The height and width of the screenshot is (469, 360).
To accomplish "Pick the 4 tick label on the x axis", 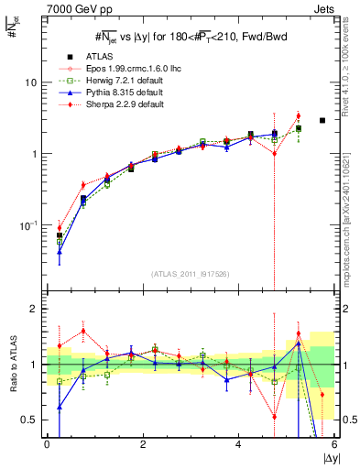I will click(238, 444).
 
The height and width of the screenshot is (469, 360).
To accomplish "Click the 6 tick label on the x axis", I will click(333, 444).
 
